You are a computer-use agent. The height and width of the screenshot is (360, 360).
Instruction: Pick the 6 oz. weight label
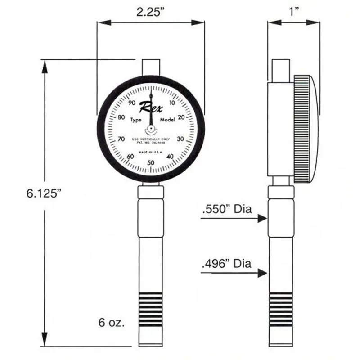click(x=111, y=323)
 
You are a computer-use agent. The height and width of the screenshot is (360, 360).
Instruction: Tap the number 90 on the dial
click(x=132, y=103)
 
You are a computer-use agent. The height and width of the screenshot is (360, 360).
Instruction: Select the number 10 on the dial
click(x=171, y=103)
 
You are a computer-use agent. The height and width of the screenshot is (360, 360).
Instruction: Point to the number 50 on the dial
click(x=151, y=163)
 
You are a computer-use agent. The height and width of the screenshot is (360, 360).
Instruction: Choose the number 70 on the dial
click(x=121, y=139)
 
